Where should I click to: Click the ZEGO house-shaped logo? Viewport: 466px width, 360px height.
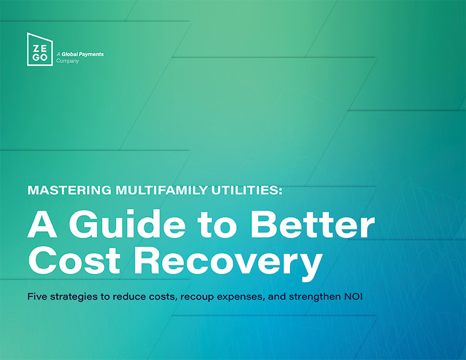(40, 49)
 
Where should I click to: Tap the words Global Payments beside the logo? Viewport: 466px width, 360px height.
(82, 54)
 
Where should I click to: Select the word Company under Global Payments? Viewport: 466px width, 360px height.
(68, 61)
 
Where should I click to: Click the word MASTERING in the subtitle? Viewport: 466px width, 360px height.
(69, 190)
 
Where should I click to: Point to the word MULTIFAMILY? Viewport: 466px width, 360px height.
(161, 190)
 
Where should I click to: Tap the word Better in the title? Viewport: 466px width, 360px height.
(312, 224)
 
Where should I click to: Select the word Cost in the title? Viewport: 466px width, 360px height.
(74, 260)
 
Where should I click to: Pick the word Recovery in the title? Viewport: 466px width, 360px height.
(228, 263)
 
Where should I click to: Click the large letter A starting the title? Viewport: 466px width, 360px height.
(42, 224)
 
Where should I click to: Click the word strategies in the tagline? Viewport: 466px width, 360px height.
(74, 297)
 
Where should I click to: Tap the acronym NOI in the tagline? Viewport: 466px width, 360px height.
(354, 296)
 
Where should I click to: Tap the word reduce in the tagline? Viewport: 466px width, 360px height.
(129, 296)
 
